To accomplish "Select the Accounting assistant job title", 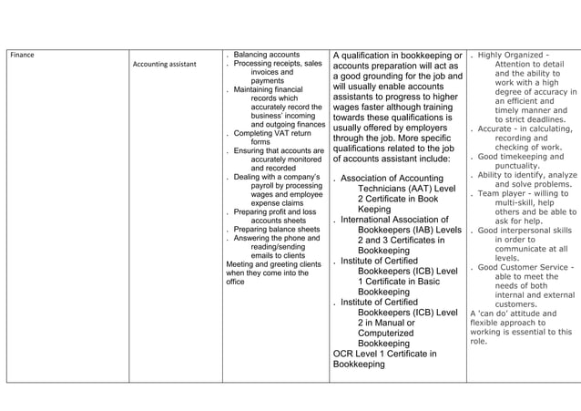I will click(x=165, y=65).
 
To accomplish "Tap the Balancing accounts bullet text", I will click(x=267, y=55).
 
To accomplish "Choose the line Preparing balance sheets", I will click(x=277, y=229).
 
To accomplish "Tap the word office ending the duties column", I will click(x=235, y=282).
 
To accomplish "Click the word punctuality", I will click(x=523, y=165).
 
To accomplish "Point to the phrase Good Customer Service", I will click(x=525, y=267).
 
